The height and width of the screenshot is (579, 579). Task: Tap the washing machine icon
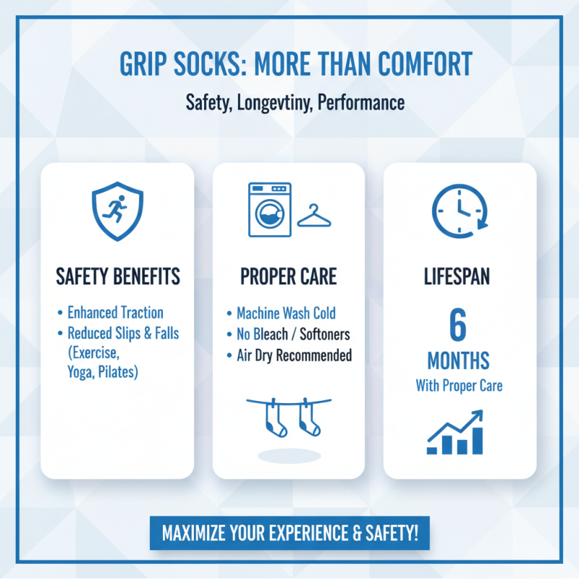point(269,209)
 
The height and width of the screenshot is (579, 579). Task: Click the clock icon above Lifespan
point(459,210)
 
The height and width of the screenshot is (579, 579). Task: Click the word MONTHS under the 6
point(458,360)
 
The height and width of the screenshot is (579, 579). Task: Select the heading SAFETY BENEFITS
point(117,276)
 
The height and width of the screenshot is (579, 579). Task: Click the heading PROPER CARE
point(288,276)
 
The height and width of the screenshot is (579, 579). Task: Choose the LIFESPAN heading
point(459,276)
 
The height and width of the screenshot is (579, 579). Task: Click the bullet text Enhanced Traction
point(115,313)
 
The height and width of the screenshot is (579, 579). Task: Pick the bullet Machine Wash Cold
point(286,313)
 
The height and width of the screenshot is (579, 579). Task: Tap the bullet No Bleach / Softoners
point(294,334)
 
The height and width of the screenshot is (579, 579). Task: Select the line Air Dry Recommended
point(294,355)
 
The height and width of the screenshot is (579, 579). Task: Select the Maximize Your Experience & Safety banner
point(289,533)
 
